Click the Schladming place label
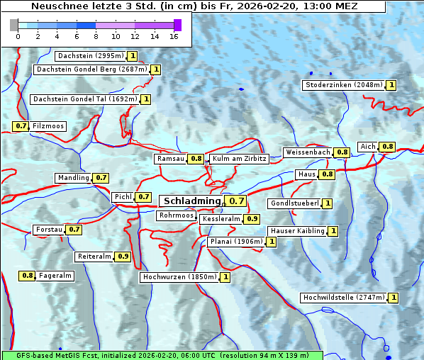coord(192,201)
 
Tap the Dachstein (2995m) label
coord(90,55)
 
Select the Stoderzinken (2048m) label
coord(343,85)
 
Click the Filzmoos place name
coord(48,126)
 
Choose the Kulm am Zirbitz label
coord(239,159)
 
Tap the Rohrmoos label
coord(177,215)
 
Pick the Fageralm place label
coord(55,276)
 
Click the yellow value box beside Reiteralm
coord(123,257)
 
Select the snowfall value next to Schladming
coord(237,201)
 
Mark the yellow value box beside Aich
coord(387,147)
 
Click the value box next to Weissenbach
coord(342,152)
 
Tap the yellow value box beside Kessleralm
coord(252,220)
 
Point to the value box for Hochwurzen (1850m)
coord(225,277)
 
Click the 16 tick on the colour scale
coord(173,37)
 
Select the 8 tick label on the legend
coord(96,37)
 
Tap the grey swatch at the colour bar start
coord(14,25)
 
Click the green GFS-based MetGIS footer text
coord(162,354)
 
